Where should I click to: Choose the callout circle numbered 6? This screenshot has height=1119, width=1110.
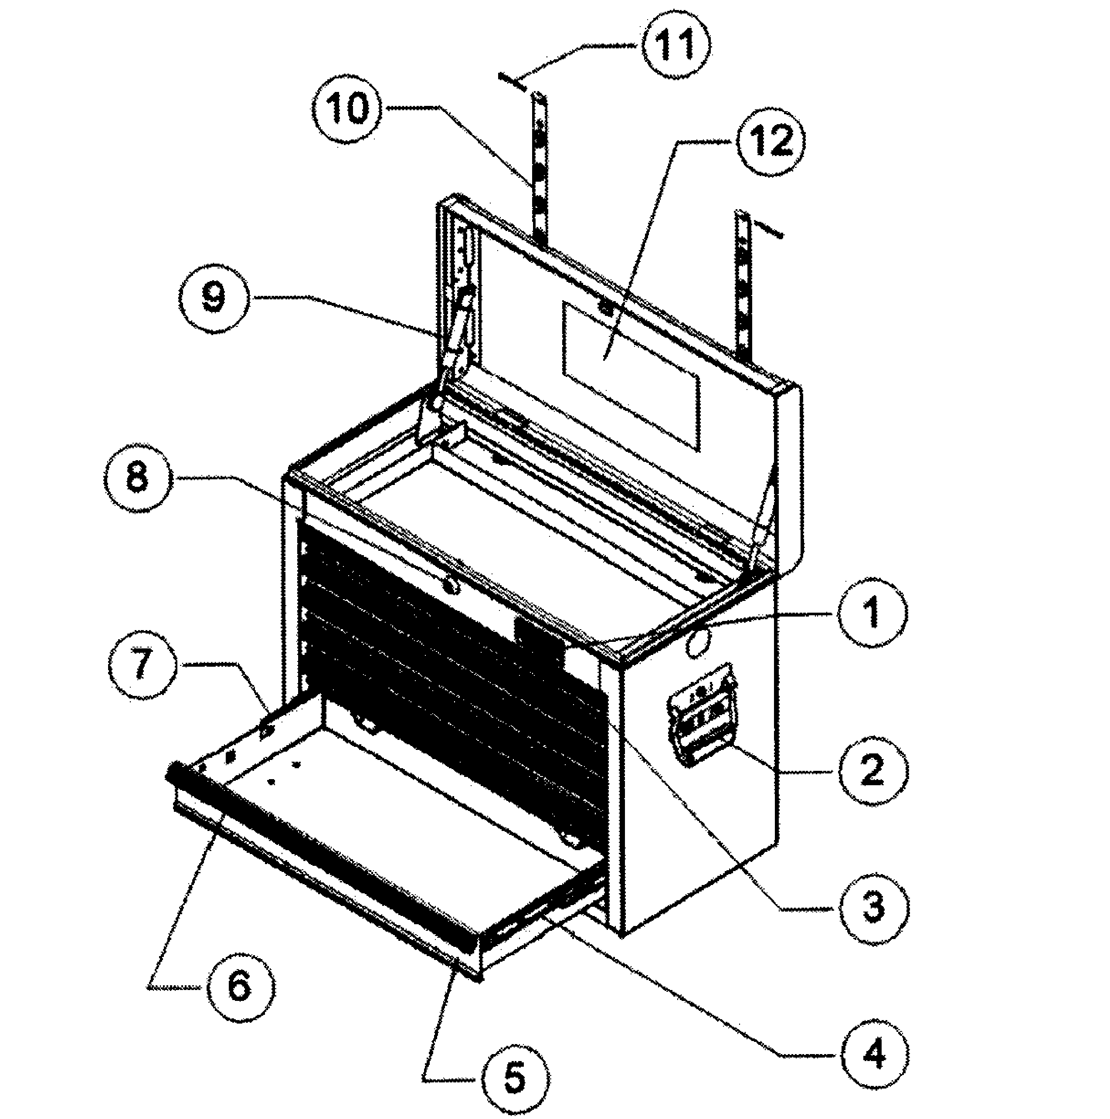click(239, 987)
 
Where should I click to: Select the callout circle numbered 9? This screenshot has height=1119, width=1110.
click(213, 299)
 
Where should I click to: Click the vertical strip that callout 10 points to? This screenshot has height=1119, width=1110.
click(540, 168)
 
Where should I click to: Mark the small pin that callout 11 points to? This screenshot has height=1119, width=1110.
click(512, 81)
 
